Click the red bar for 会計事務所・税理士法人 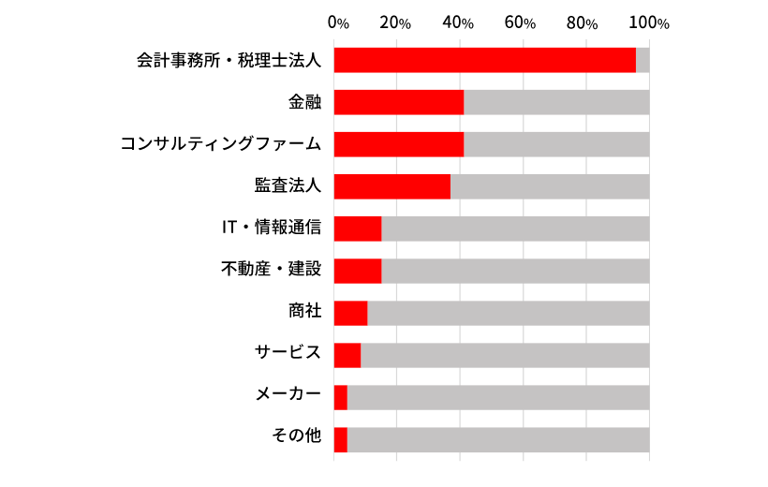[x=484, y=60]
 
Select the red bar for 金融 [x=398, y=102]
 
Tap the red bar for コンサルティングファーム [x=398, y=144]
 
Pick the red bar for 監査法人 [x=391, y=186]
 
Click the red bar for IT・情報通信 [x=357, y=229]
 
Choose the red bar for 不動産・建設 [x=357, y=271]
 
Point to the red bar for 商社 [x=350, y=313]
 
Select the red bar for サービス [x=347, y=355]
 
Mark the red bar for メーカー [x=340, y=397]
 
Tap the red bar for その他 [x=340, y=439]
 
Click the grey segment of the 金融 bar [x=556, y=102]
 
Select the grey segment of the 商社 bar [x=508, y=313]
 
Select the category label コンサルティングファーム [x=221, y=143]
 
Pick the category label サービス [x=288, y=354]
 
